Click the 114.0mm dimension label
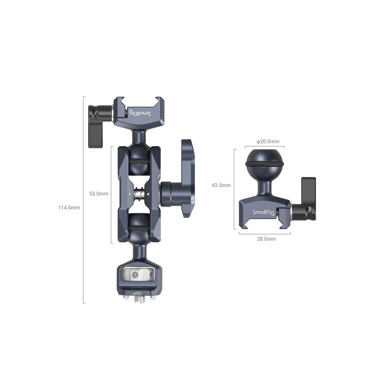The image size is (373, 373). click(69, 208)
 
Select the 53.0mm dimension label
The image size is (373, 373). click(98, 194)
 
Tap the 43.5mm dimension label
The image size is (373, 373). click(222, 185)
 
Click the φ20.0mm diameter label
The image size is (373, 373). click(268, 141)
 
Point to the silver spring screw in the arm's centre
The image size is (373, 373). click(138, 194)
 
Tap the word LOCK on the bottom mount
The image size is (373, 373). click(138, 294)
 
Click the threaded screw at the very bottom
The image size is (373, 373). click(138, 300)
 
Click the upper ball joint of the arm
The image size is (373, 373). click(138, 154)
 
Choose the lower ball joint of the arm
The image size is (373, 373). click(138, 224)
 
